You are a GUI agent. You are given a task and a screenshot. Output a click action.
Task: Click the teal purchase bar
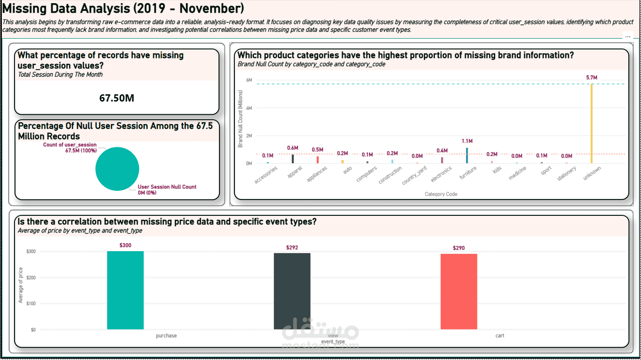point(125,290)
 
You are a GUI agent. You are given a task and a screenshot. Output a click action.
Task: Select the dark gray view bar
point(292,291)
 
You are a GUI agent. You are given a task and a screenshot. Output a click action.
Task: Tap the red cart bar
point(459,292)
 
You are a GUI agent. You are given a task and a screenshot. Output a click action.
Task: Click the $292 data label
point(292,248)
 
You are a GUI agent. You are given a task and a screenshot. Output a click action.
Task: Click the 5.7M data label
point(592,78)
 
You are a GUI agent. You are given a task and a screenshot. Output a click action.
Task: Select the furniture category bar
point(467,156)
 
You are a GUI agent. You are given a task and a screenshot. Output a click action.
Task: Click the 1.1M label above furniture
point(467,141)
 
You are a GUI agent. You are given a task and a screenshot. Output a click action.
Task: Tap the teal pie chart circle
point(117,169)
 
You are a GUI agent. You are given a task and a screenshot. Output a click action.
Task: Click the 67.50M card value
point(117,98)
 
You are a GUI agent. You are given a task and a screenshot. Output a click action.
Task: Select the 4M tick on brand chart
point(249,108)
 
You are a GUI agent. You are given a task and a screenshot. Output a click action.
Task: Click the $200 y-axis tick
point(30,277)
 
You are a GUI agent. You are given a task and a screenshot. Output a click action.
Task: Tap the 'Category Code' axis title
point(441,194)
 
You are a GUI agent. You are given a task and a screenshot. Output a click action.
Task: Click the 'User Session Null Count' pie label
point(167,187)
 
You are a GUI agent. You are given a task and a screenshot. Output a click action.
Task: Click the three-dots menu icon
point(627,36)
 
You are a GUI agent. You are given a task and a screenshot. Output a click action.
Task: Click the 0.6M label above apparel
point(293,148)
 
